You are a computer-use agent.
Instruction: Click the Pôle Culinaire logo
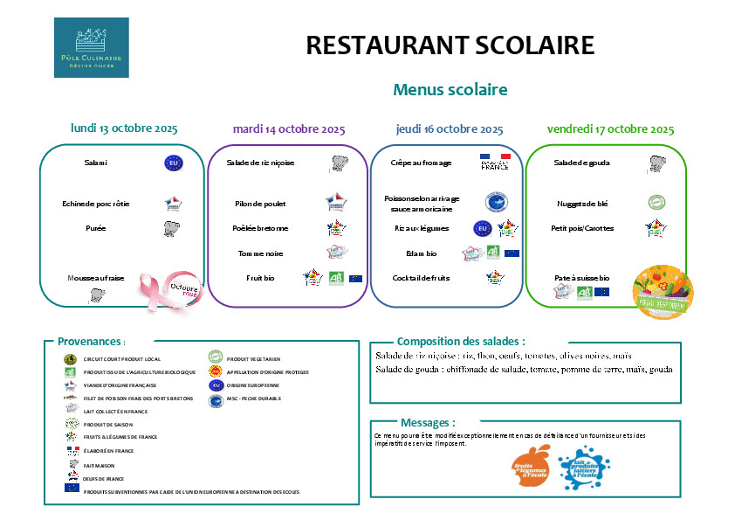tap(91, 47)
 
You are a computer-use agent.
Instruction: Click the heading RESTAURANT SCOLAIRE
tap(450, 45)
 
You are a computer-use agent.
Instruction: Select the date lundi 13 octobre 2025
tap(124, 128)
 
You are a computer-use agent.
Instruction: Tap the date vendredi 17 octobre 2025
tap(610, 129)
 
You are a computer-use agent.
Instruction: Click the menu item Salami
tap(96, 163)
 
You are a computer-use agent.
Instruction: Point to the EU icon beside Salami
tap(173, 163)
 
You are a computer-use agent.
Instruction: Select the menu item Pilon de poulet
tap(260, 204)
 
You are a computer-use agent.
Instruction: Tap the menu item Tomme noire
tap(260, 253)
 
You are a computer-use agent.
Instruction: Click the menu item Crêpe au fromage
tap(421, 163)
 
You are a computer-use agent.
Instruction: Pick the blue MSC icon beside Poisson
tap(496, 203)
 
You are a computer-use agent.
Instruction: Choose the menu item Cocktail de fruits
tap(421, 278)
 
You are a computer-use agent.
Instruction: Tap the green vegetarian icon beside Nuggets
tap(656, 203)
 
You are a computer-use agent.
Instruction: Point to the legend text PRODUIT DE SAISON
tap(110, 424)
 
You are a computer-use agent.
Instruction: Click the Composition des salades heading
tap(461, 342)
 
